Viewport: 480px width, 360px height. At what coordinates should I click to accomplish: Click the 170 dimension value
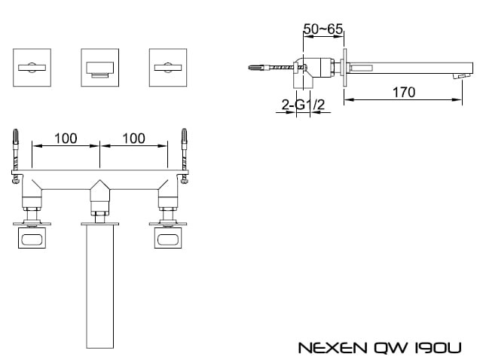(x=404, y=92)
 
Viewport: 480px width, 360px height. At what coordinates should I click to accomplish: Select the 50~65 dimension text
(x=323, y=29)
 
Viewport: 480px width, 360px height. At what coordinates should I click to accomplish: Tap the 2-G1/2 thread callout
(x=303, y=105)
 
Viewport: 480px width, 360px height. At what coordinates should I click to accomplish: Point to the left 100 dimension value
(x=66, y=139)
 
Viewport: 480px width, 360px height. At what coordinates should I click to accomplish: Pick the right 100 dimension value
(x=134, y=139)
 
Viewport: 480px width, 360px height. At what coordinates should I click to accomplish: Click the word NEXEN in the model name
(x=332, y=348)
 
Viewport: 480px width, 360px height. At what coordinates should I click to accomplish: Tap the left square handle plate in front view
(x=32, y=67)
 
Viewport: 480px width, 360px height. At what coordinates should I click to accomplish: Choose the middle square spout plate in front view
(x=99, y=67)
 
